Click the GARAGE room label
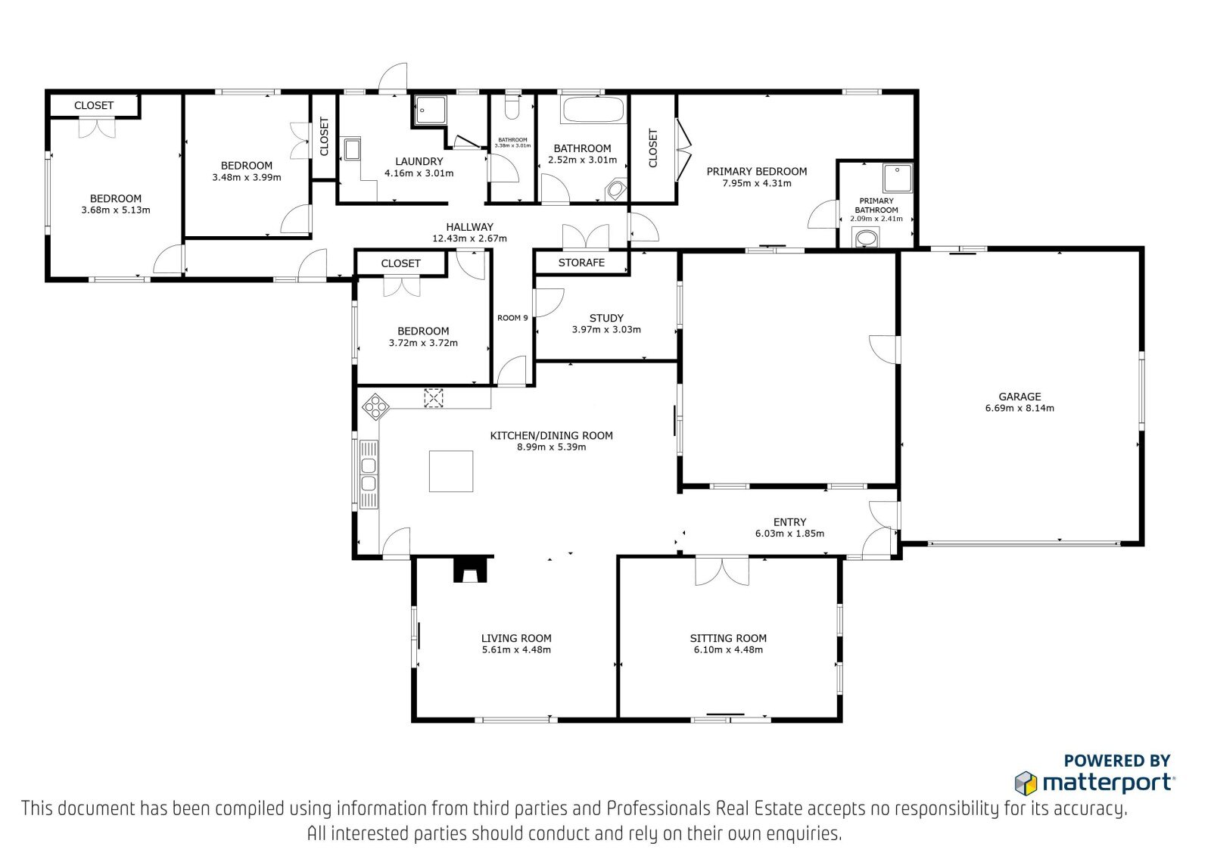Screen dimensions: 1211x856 click(x=1019, y=397)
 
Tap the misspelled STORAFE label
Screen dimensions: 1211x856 click(x=581, y=263)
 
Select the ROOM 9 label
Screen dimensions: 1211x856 click(x=512, y=318)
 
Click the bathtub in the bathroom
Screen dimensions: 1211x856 click(x=593, y=110)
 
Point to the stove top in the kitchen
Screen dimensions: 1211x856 click(x=375, y=406)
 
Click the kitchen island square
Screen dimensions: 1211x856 click(x=451, y=472)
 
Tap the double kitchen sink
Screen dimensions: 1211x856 click(x=369, y=475)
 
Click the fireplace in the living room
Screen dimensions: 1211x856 click(x=470, y=569)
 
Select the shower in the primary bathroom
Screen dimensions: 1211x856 click(x=898, y=178)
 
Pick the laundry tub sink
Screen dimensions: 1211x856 click(x=353, y=149)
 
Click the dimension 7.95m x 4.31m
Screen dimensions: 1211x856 click(x=756, y=183)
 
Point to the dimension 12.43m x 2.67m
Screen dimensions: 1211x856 click(x=469, y=238)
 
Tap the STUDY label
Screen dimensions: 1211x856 click(x=606, y=318)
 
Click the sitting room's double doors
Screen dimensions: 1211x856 click(x=722, y=571)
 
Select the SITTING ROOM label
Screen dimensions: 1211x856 click(x=728, y=638)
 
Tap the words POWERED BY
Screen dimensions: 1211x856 click(x=1117, y=761)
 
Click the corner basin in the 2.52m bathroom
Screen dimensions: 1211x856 click(x=616, y=190)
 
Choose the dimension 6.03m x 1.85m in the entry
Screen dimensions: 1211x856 click(x=789, y=534)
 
